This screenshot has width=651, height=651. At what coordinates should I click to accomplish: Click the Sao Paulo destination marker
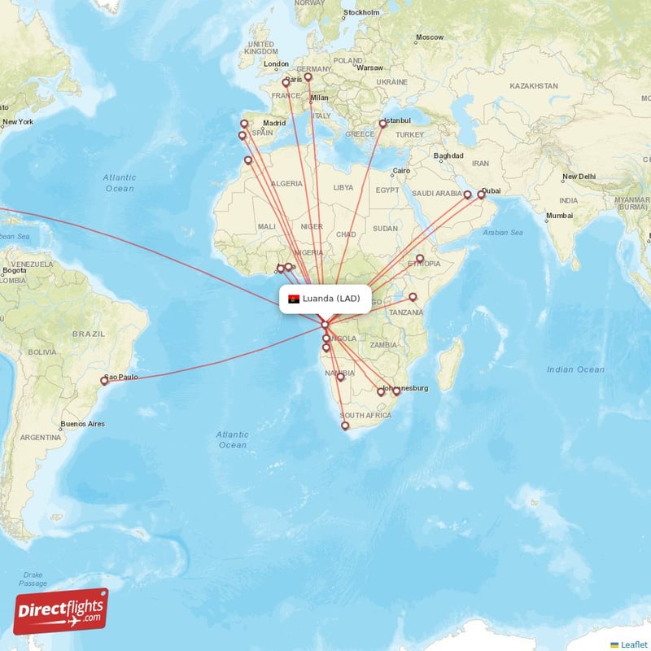pos(104,380)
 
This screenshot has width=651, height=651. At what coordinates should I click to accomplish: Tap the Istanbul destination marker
pos(382,125)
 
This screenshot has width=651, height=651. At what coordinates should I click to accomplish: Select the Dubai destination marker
pos(481,194)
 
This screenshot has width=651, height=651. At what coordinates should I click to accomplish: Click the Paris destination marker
pos(286,82)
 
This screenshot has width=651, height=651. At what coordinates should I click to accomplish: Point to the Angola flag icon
pos(294,299)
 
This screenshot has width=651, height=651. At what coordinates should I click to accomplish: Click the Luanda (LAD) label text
pos(331,299)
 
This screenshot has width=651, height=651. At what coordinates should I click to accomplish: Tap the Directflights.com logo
pos(61,611)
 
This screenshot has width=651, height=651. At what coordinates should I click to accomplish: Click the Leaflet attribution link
pos(632,644)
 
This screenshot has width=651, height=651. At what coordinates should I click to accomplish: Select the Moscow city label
pos(430,37)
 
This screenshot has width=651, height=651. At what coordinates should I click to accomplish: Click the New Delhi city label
pos(579,177)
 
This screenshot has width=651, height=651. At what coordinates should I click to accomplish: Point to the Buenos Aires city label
pos(83,424)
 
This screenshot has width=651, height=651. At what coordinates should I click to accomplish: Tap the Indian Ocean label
pos(575,369)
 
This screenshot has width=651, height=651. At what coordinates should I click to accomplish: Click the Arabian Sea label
pos(503,233)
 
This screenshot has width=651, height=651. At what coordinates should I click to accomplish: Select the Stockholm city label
pos(362,13)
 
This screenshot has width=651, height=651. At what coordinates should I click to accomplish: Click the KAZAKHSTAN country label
pos(531,85)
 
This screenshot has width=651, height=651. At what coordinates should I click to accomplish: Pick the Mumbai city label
pos(559,216)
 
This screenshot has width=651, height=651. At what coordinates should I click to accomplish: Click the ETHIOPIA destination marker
pos(420,259)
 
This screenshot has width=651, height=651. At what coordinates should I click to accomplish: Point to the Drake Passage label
pos(33,579)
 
